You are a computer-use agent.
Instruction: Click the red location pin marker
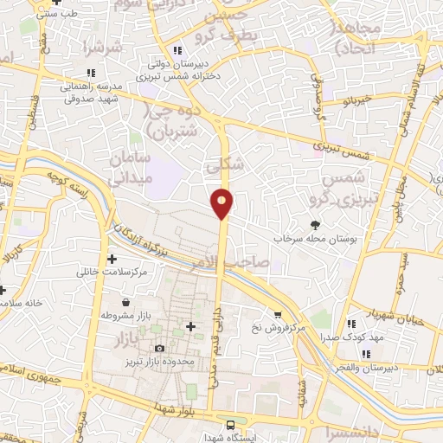(222, 202)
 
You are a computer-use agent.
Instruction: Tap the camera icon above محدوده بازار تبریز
(158, 348)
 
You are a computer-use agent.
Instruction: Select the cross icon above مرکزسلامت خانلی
(112, 259)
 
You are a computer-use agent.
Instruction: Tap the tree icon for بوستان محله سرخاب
(314, 223)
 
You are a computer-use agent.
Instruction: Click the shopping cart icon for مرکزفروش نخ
(277, 315)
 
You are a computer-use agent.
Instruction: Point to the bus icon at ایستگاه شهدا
(230, 424)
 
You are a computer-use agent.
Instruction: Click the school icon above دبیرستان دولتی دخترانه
(178, 49)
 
